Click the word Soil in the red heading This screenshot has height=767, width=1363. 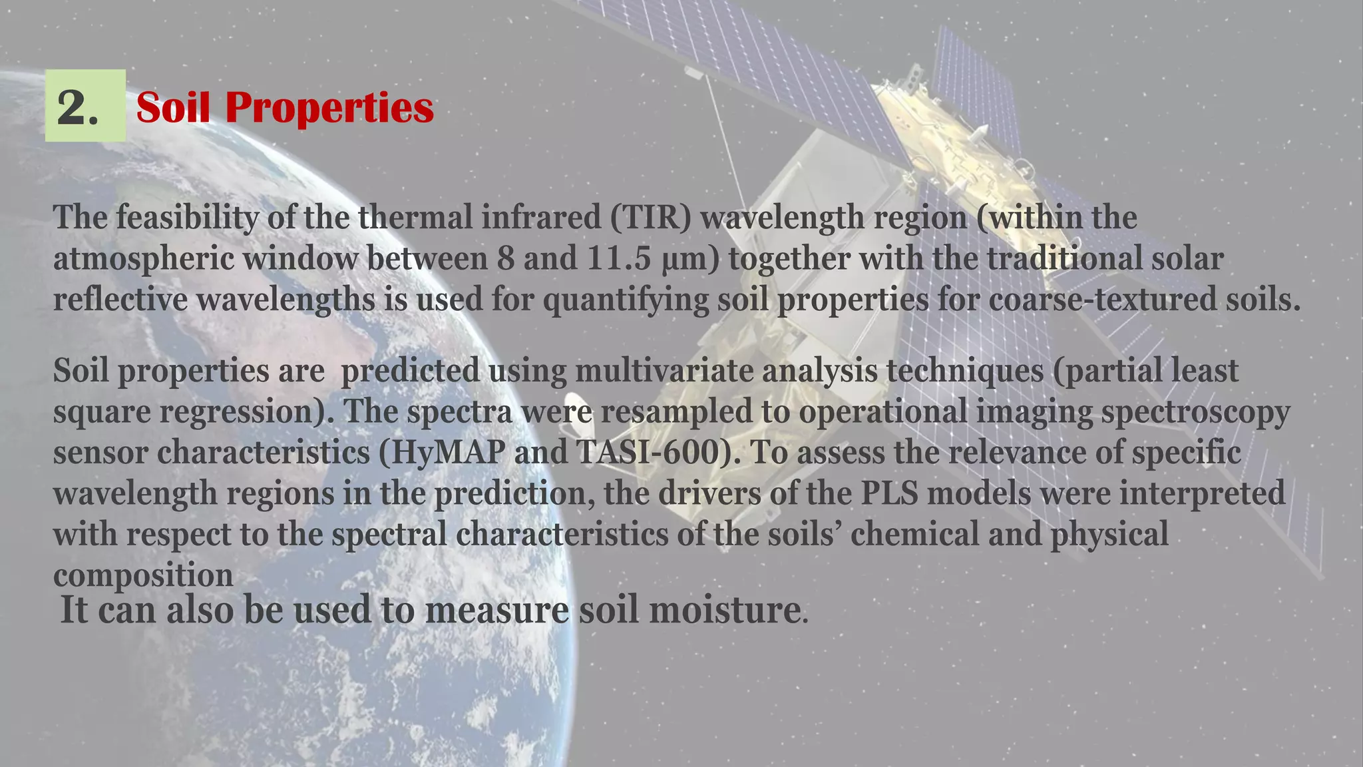(173, 107)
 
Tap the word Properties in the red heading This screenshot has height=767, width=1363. (329, 107)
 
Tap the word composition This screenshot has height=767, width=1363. (143, 575)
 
